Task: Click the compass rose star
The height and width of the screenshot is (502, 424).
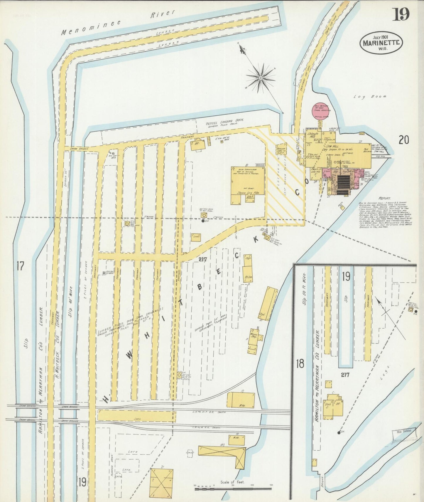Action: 261,78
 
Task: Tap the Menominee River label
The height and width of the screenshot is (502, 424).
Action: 117,23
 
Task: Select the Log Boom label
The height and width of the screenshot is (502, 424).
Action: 370,96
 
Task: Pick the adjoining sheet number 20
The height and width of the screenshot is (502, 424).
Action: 403,140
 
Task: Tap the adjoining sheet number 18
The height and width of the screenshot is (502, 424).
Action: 300,364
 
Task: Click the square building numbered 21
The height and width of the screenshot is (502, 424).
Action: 161,483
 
